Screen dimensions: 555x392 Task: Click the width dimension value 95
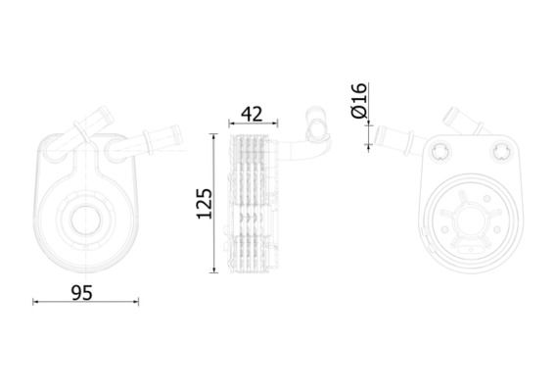[82, 293]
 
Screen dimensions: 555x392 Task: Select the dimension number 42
[252, 114]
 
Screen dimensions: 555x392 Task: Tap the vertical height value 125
[205, 204]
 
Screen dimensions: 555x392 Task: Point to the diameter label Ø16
[359, 100]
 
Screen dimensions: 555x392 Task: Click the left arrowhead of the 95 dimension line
[35, 302]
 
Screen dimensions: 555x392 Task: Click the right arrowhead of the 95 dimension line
[136, 302]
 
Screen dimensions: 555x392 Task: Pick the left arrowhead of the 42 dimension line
[231, 123]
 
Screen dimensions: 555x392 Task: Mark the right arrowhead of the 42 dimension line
[275, 123]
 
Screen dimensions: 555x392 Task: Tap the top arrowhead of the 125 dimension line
[213, 137]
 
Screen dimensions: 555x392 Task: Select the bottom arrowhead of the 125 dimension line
[213, 269]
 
